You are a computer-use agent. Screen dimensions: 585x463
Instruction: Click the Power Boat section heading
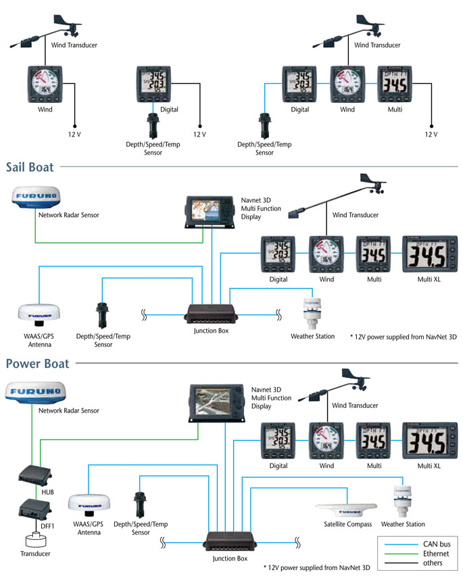point(38,364)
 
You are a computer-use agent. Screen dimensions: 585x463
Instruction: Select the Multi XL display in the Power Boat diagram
point(430,440)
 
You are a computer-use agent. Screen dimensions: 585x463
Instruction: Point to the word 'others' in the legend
point(432,563)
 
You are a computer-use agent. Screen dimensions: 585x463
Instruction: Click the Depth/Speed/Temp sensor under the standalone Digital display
point(151,126)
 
